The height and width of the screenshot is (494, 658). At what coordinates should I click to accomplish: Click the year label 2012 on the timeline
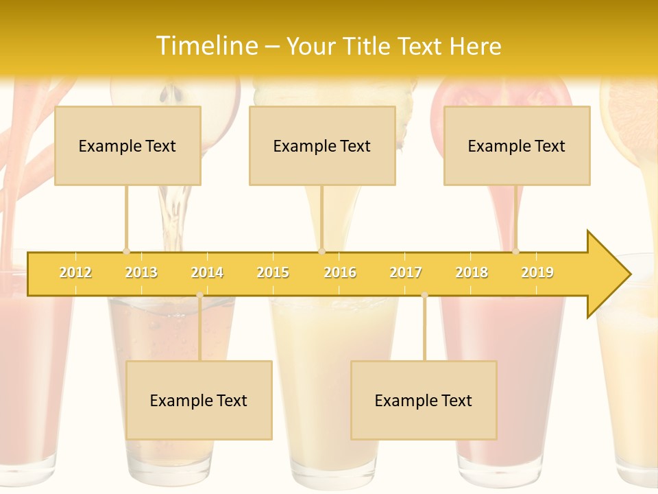75,272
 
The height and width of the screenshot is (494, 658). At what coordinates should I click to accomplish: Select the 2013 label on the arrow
141,272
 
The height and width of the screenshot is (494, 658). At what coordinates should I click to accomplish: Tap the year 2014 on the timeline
207,272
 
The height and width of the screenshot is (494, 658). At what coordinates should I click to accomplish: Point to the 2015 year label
273,272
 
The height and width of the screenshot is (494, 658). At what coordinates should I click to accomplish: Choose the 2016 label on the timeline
340,272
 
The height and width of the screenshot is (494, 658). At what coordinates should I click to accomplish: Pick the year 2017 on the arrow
406,272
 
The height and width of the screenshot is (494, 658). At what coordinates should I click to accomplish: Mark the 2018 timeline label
472,272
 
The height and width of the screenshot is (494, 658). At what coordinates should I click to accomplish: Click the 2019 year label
537,272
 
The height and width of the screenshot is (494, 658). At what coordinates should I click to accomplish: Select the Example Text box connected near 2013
127,145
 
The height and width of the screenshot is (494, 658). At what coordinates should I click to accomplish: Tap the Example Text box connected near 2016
322,145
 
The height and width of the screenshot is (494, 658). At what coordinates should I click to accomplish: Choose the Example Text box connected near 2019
517,145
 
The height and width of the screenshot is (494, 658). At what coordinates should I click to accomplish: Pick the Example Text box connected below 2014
199,400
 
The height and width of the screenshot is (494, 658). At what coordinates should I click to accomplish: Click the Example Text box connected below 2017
424,400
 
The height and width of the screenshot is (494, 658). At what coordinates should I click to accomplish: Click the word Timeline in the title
206,46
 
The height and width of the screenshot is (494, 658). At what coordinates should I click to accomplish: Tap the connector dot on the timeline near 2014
199,295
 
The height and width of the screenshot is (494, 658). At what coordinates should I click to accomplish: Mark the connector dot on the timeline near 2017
424,295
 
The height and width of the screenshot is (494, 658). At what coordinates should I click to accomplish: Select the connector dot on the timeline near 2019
515,251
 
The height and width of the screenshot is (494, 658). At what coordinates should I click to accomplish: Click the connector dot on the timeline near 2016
321,251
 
